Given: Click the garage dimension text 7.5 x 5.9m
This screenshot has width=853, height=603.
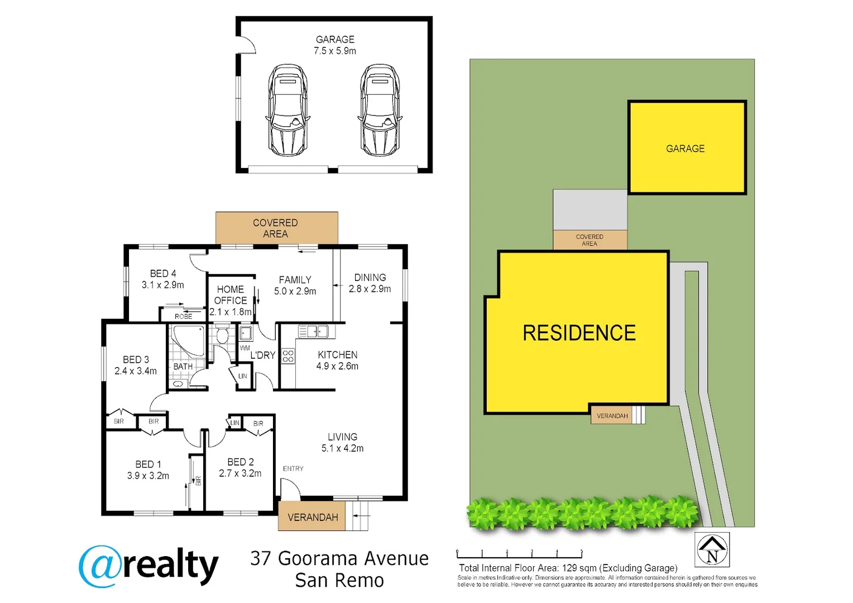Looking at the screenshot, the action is click(x=335, y=51).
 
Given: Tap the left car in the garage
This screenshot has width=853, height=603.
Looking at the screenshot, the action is click(x=287, y=110).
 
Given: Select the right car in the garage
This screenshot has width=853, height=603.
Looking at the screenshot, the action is click(x=380, y=110).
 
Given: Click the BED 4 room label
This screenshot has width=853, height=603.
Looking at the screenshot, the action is click(x=163, y=274).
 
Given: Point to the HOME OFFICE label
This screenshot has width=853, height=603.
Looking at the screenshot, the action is click(x=231, y=295).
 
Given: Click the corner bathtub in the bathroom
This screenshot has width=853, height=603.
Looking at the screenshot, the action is click(x=189, y=341).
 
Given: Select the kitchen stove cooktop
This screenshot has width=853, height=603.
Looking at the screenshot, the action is click(x=288, y=356).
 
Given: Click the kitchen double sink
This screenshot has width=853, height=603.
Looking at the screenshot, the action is click(x=313, y=331).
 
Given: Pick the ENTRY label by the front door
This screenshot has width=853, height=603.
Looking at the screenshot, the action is click(x=293, y=468).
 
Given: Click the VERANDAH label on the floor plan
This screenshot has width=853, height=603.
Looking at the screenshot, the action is click(x=313, y=517).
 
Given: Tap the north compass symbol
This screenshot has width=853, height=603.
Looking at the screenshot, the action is click(x=712, y=549).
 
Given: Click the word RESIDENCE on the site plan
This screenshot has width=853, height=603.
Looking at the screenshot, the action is click(x=579, y=333).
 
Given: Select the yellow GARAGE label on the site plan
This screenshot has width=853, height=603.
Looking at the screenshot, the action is click(x=685, y=149).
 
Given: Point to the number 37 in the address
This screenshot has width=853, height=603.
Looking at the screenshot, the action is click(x=261, y=558).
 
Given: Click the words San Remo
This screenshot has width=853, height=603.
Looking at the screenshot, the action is click(x=339, y=581).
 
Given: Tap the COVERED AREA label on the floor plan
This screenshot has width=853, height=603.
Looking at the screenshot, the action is click(x=275, y=228).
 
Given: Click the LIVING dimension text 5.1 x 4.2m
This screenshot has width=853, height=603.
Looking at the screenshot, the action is click(x=342, y=448).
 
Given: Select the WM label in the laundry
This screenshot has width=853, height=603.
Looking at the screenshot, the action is click(x=245, y=348).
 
